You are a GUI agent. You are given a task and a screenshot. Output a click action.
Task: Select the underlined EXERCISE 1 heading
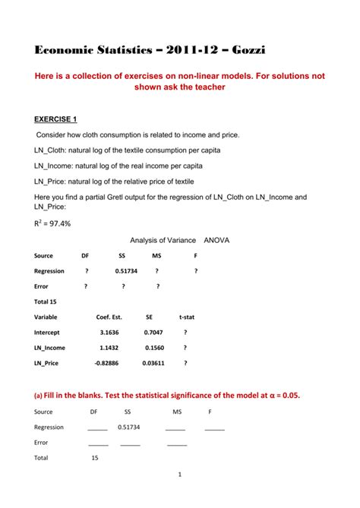(62, 119)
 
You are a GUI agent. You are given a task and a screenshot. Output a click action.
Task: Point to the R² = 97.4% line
(51, 223)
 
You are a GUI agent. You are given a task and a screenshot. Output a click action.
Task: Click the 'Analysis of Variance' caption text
(163, 240)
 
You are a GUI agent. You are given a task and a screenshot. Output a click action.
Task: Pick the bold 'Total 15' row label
(46, 301)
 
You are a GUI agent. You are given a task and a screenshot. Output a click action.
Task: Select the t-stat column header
(188, 317)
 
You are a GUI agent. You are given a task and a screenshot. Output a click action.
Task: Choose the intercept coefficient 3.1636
(109, 332)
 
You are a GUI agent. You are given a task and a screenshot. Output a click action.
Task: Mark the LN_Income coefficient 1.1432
(109, 348)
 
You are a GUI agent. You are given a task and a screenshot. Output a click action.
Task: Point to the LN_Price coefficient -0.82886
(107, 363)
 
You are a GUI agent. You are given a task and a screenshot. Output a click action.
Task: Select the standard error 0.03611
(153, 363)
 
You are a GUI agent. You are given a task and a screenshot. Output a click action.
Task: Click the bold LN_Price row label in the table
(46, 363)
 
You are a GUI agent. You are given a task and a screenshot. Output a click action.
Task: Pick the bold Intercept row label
(49, 332)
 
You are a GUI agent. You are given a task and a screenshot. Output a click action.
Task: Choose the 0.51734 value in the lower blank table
(129, 427)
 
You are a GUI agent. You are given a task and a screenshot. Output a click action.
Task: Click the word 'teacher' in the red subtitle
(207, 87)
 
